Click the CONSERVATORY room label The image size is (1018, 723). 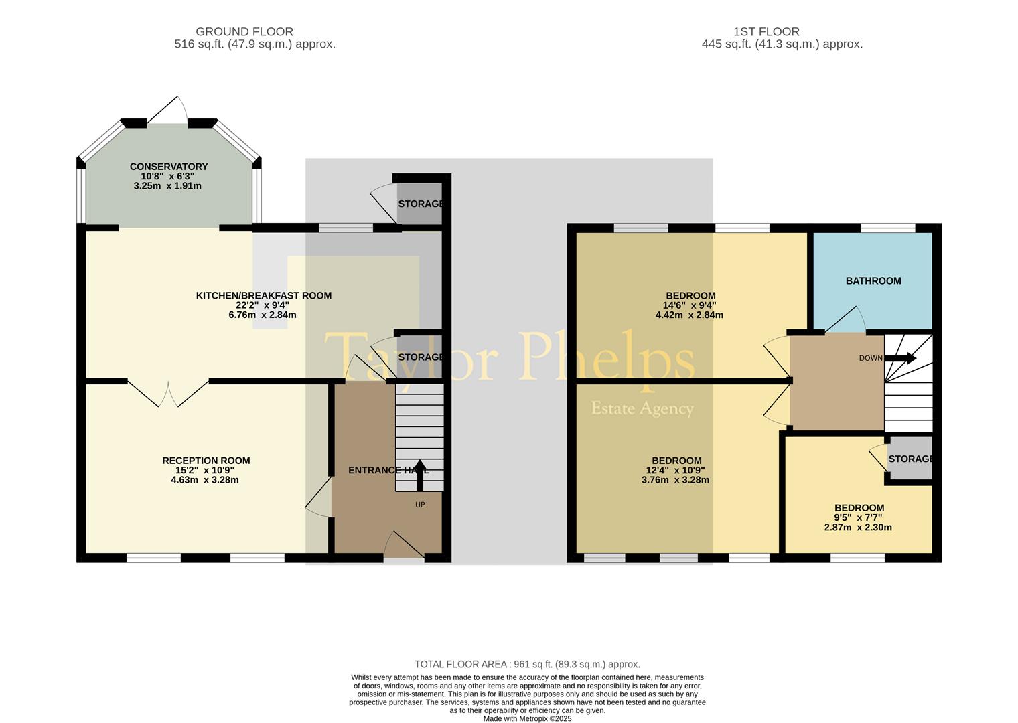point(169,167)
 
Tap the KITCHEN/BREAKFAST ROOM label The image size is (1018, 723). point(264,296)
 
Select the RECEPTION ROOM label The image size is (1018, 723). point(206,461)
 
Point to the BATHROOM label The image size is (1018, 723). point(873,280)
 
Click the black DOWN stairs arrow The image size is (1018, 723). point(900,358)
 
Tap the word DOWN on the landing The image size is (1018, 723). point(870,358)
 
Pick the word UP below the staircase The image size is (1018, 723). point(420,505)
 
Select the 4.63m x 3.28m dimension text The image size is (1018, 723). point(204,480)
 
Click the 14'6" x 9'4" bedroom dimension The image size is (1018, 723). point(689,306)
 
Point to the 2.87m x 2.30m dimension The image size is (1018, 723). point(858,528)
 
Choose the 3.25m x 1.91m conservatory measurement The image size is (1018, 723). point(167,185)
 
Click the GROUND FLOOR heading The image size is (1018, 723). point(244,31)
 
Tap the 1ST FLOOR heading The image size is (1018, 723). point(766,31)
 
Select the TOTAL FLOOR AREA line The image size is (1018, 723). point(527,664)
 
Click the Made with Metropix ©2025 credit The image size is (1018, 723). point(527,719)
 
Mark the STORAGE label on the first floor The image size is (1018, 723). point(910,459)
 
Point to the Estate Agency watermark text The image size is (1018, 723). point(642,409)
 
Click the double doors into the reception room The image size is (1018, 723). point(168,393)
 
